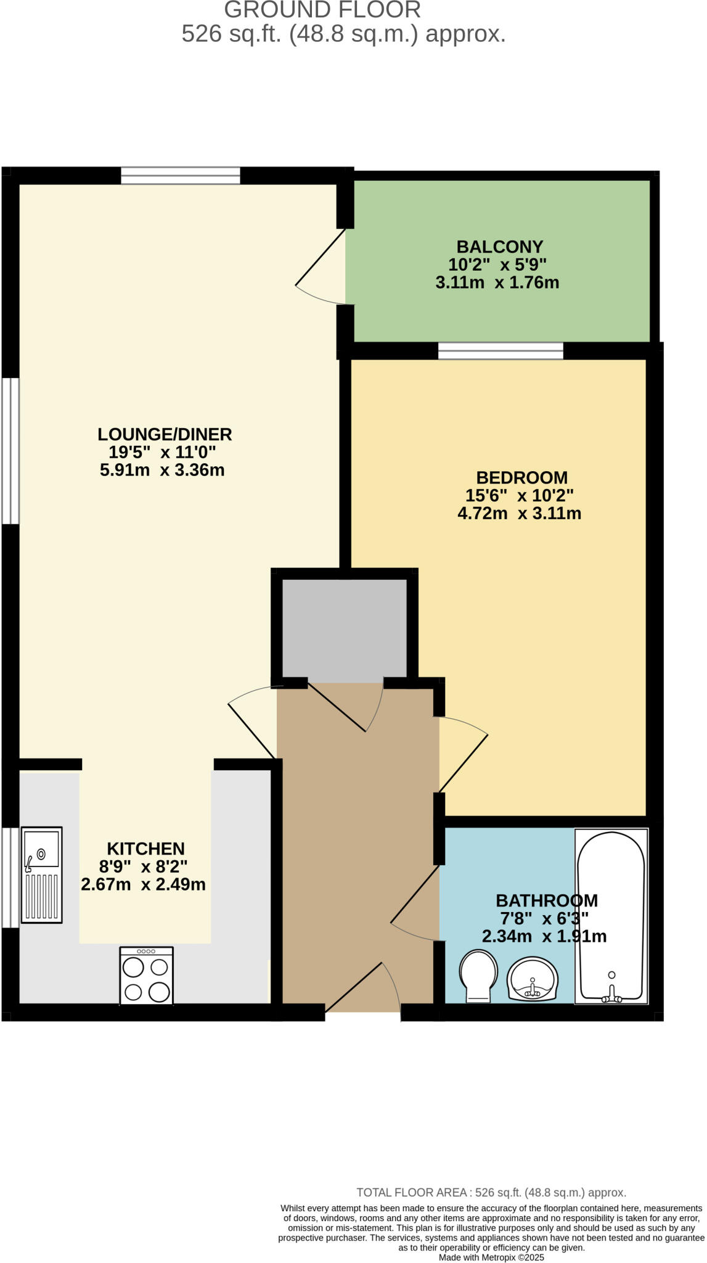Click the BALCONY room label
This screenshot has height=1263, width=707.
pyautogui.click(x=499, y=247)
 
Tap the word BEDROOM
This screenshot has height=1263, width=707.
pyautogui.click(x=521, y=477)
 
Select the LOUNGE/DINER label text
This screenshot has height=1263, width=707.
pyautogui.click(x=165, y=434)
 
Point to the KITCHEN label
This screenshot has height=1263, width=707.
pyautogui.click(x=145, y=849)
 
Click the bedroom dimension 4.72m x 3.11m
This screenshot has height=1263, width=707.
pyautogui.click(x=519, y=513)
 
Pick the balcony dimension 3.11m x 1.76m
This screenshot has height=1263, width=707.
pyautogui.click(x=497, y=283)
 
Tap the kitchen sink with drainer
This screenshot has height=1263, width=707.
pyautogui.click(x=42, y=874)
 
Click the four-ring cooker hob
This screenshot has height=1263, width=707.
pyautogui.click(x=147, y=976)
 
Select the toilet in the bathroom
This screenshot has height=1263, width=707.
pyautogui.click(x=479, y=974)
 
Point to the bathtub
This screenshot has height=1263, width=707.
pyautogui.click(x=611, y=915)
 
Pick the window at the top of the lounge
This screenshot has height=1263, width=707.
pyautogui.click(x=180, y=175)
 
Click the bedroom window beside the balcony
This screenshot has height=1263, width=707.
pyautogui.click(x=501, y=351)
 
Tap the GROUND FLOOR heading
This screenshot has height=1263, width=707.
pyautogui.click(x=322, y=10)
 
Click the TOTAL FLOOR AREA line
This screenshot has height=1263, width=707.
pyautogui.click(x=491, y=1193)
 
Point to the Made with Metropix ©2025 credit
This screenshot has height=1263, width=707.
pyautogui.click(x=491, y=1257)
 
